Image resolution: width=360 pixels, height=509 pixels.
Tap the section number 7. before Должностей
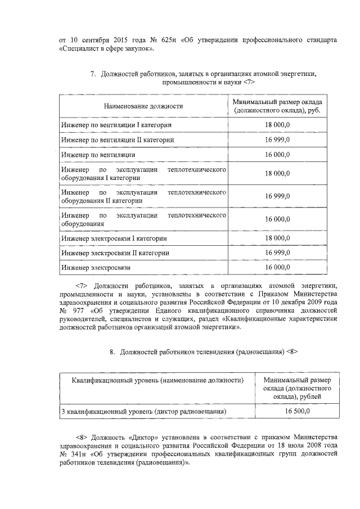(93, 74)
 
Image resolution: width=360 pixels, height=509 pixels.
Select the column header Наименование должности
(143, 106)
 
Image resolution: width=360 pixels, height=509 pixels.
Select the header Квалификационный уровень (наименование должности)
(157, 381)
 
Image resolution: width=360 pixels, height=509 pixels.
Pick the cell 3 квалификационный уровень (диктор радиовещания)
(144, 412)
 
